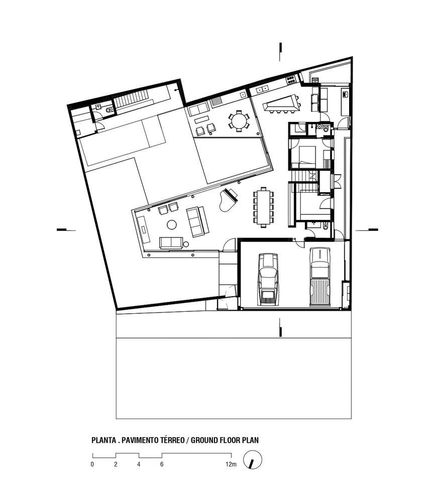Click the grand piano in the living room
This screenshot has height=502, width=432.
pos(228,200)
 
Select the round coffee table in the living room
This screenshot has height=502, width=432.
pos(172,225)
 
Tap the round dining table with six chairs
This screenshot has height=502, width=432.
pos(239,121)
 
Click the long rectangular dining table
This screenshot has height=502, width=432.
pos(263,207)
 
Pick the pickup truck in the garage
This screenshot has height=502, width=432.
pos(319,277)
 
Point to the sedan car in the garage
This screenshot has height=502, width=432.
pos(268,279)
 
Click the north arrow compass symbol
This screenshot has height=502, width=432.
pos(253,460)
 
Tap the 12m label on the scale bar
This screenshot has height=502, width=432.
pos(231,464)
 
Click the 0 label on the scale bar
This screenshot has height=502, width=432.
pos(92,464)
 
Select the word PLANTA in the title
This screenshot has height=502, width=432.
pos(104,440)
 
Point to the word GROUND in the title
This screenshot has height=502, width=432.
pos(204,440)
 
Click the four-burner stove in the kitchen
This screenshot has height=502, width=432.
pos(291,79)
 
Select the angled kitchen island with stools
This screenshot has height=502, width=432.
pos(281,103)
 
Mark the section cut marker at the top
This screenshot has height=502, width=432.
pos(280,52)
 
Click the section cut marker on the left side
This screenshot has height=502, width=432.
pos(66,229)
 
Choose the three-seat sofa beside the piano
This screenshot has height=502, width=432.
pos(197,221)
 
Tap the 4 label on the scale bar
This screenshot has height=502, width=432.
pos(139,464)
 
